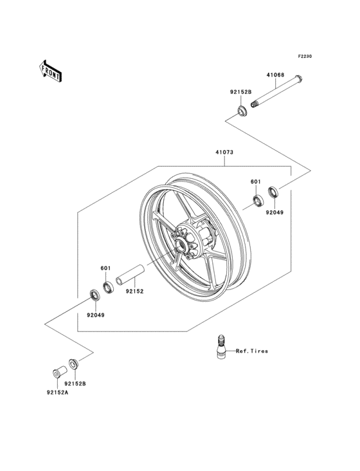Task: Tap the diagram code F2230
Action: [x=304, y=57]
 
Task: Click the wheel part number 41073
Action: [x=224, y=154]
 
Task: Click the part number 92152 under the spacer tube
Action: [x=134, y=291]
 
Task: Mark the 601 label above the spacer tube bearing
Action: [x=105, y=269]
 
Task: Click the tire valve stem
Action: [x=220, y=349]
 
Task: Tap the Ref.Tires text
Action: [x=252, y=351]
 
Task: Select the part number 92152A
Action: [x=57, y=392]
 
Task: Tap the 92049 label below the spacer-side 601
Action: [x=96, y=315]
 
